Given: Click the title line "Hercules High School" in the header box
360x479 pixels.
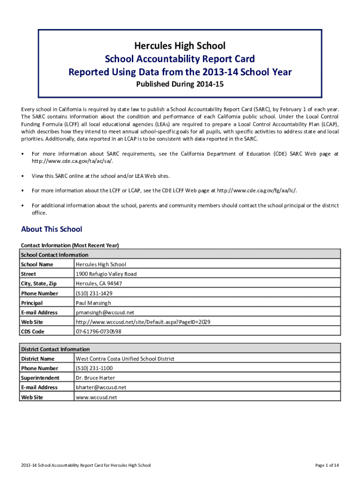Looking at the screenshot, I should coord(180,45).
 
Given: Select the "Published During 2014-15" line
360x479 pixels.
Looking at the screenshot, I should coord(180,85).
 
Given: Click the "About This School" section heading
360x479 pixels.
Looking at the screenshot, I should coord(51,229).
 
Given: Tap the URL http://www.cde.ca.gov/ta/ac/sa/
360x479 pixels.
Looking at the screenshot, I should coord(72,161).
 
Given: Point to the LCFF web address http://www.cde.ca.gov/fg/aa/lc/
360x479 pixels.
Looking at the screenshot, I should coord(256,190).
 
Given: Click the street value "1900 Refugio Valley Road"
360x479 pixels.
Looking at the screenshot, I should coord(106,274).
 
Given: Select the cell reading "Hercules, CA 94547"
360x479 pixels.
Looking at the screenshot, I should coord(99,283).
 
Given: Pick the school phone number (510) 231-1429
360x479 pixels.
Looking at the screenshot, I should coord(94,293).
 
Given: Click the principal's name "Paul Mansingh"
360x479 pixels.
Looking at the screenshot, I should coord(94,303).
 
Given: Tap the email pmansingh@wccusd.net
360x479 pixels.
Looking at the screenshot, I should coord(105,312).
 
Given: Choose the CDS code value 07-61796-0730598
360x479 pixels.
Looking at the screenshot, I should coord(99,332).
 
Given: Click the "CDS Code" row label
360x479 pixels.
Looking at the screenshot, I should coord(33,332).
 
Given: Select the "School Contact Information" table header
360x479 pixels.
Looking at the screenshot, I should coord(55,255).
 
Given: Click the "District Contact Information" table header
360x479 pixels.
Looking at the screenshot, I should coord(55,349).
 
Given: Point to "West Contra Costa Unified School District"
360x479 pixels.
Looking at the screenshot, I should coord(125,359).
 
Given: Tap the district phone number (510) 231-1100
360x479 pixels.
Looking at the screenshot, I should coord(94,368).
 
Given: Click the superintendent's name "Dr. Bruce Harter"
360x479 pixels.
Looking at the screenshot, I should coord(95,378).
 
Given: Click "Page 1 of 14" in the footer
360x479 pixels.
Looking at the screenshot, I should coord(327,465).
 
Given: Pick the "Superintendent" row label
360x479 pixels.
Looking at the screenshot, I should coord(40,378).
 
